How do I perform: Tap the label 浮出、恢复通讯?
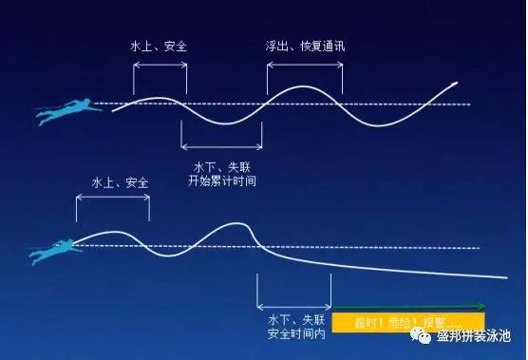point(302,46)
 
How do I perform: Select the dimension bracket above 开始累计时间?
point(221,146)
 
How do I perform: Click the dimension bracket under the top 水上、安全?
point(160,65)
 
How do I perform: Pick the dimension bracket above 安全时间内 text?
point(294,307)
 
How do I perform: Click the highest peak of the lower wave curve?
point(237,223)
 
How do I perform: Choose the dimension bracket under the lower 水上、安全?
point(112,198)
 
